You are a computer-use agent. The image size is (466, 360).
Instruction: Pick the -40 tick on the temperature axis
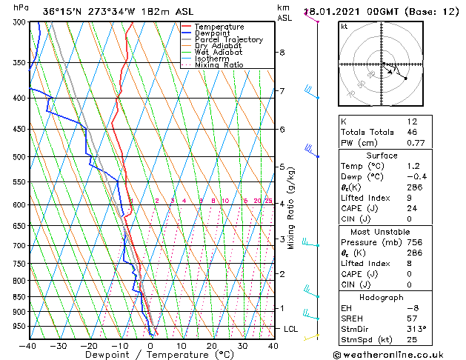point(28,345)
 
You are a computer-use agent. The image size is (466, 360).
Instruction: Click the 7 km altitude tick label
point(282,91)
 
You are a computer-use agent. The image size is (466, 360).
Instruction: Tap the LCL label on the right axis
point(291,328)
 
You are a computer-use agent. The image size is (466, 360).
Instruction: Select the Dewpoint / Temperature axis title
point(150,355)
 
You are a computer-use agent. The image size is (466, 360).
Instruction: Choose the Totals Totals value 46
point(413,132)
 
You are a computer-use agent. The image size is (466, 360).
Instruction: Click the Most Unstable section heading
point(392,232)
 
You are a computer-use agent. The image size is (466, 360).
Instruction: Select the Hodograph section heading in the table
point(392,297)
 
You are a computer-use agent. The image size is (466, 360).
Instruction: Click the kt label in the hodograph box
point(344,26)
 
